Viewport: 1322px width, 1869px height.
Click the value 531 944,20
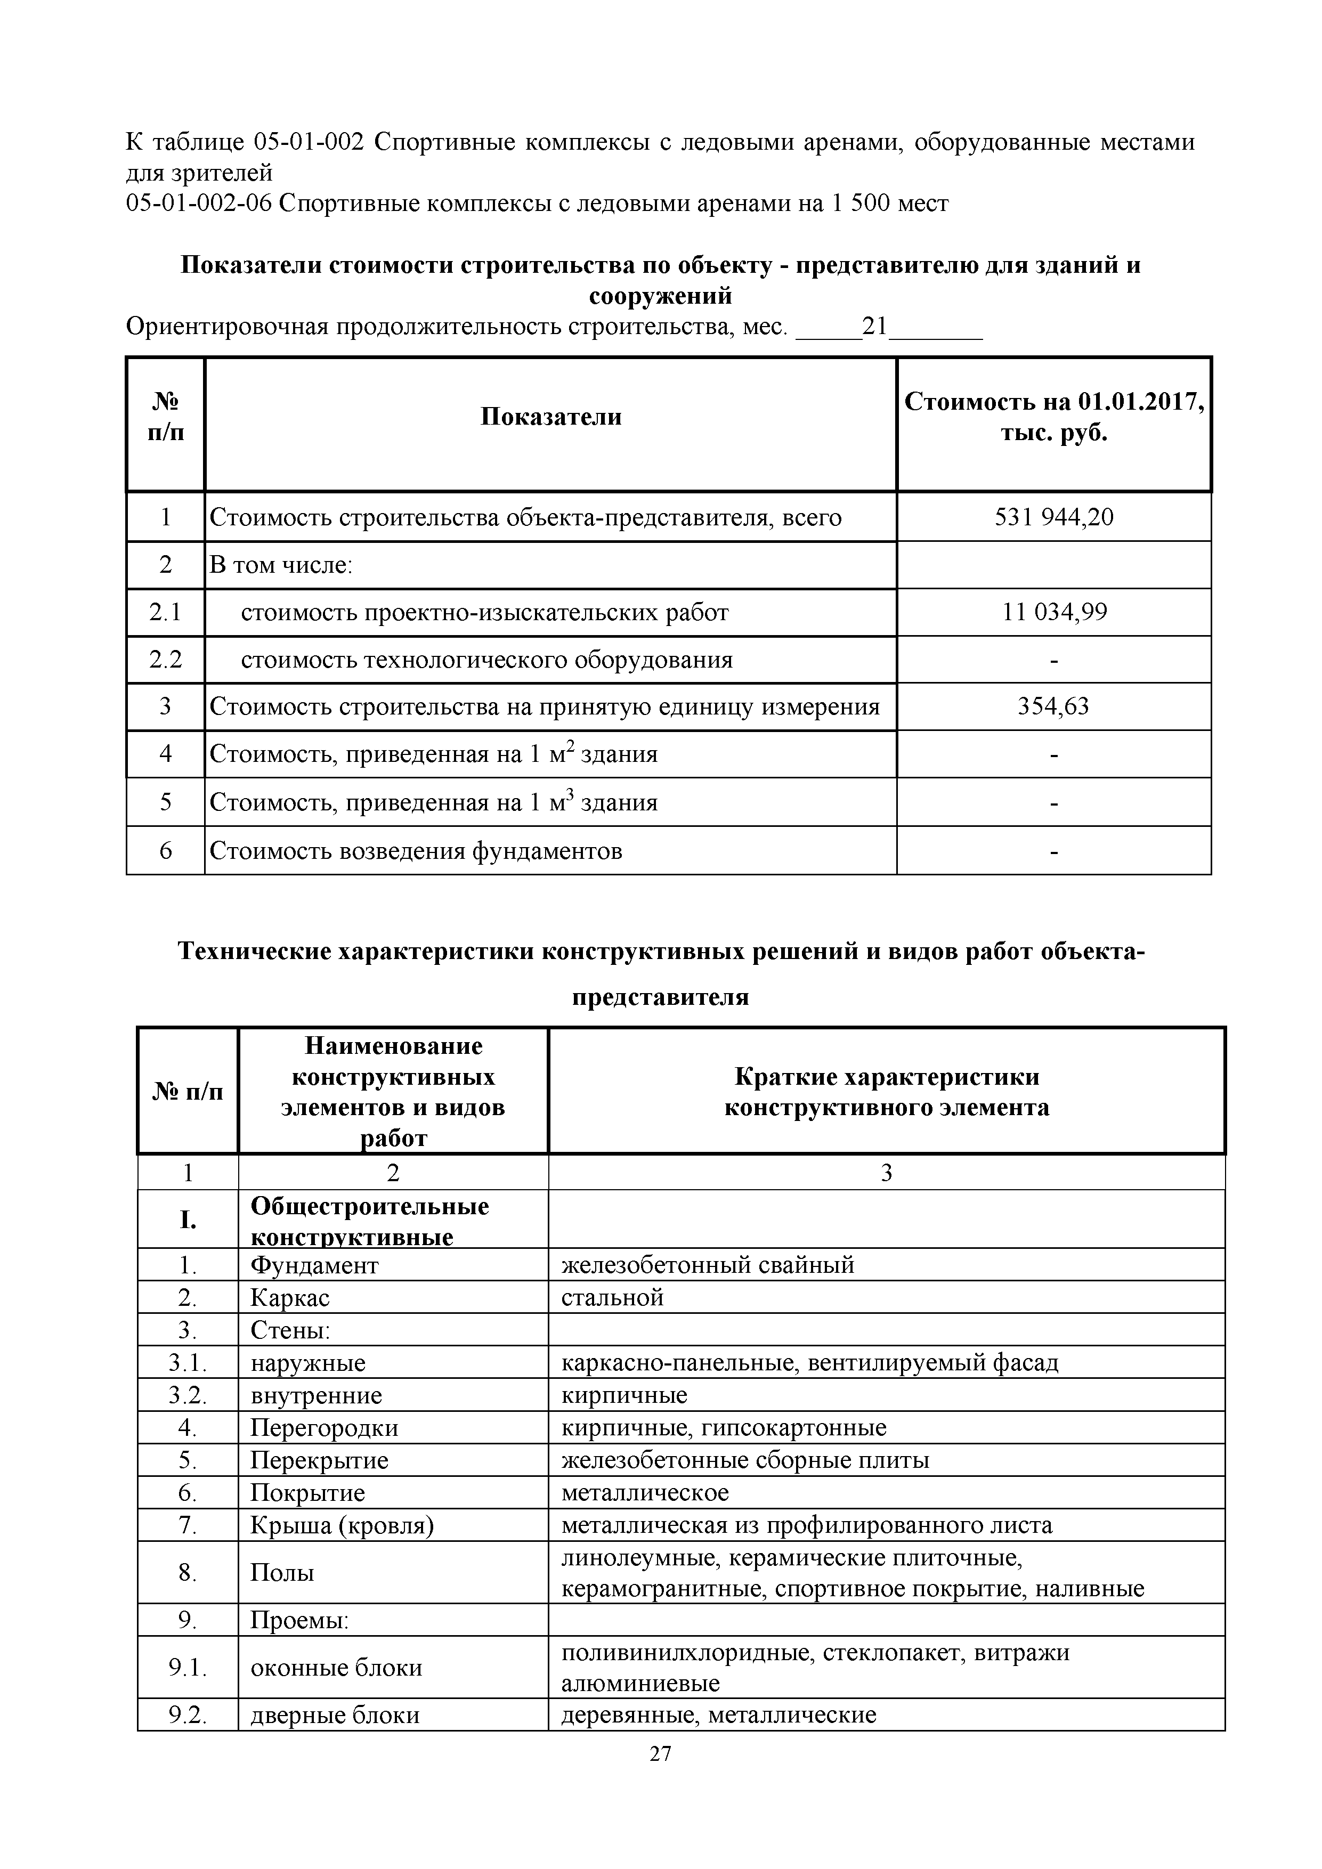coord(1053,517)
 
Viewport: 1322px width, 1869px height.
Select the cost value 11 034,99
coord(1053,612)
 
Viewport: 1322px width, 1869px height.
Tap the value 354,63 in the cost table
coord(1053,706)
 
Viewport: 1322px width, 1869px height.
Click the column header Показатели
coord(550,417)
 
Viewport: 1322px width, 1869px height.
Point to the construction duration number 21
coord(874,327)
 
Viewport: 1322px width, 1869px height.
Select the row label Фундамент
coord(314,1265)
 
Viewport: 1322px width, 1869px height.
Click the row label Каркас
coord(290,1297)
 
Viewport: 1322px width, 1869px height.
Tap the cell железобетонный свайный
coord(708,1265)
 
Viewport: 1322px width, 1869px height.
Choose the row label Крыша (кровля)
coord(342,1525)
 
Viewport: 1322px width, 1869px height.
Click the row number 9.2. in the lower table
coord(187,1715)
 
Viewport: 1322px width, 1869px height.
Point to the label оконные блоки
coord(336,1668)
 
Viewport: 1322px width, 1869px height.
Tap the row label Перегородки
coord(324,1428)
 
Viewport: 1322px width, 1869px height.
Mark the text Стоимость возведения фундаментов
coord(416,851)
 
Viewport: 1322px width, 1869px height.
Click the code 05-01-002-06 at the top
coord(199,202)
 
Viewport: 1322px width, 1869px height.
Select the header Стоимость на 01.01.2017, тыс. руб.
coord(1053,417)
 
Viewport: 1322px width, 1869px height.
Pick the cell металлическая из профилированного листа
coord(806,1525)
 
